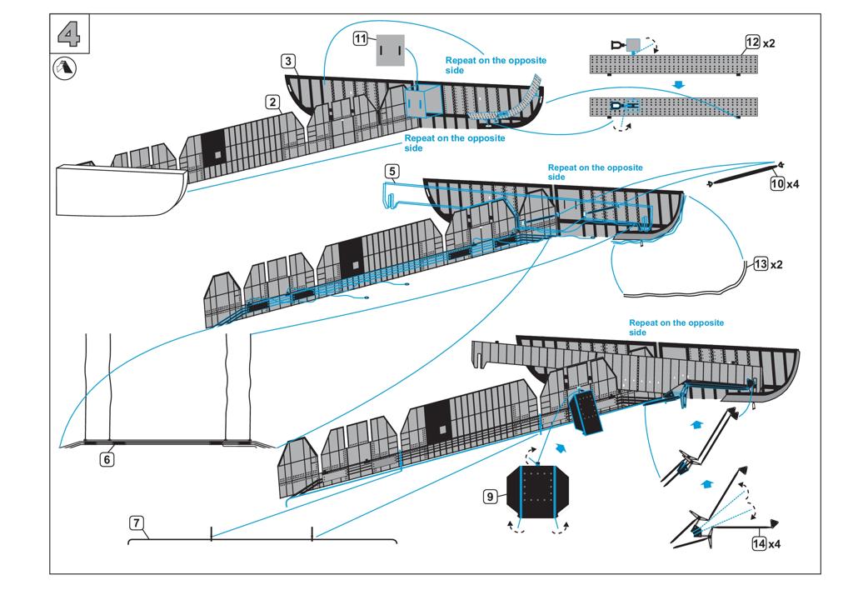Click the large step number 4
coord(69,34)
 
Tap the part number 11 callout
coord(360,38)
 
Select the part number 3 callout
coord(288,61)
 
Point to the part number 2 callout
coord(272,102)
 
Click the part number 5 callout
coord(392,172)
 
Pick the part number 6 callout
coord(107,459)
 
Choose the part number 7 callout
coord(137,523)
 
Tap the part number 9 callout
coord(490,497)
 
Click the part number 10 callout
coord(777,183)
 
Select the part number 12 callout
coord(752,42)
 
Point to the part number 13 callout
coord(761,264)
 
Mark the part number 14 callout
coord(759,543)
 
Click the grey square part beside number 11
coord(391,50)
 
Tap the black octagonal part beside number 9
coord(538,492)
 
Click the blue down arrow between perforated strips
coord(678,85)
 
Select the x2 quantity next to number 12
coord(769,43)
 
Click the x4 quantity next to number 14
coord(774,544)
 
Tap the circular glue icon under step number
coord(65,69)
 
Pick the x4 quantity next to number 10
coord(793,184)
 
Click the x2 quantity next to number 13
coord(776,264)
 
